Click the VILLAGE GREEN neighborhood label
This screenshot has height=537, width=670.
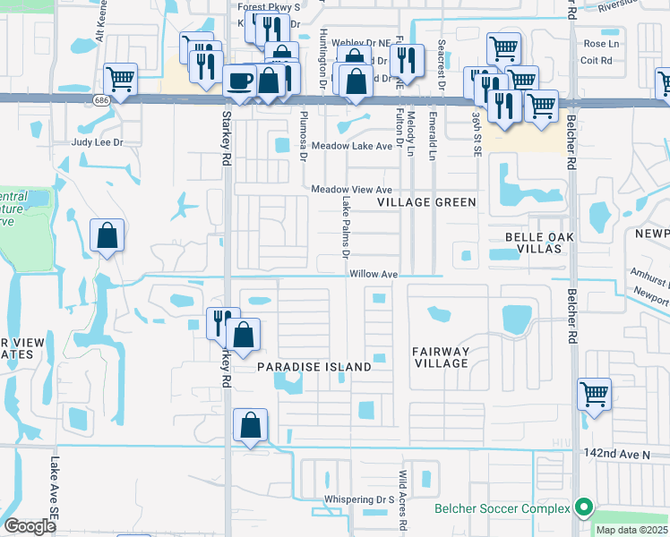click(x=425, y=202)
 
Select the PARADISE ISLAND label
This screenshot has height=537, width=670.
click(x=314, y=367)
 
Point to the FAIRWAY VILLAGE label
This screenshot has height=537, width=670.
click(x=441, y=357)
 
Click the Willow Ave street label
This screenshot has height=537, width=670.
click(x=374, y=274)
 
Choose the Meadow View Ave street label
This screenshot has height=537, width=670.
click(x=352, y=190)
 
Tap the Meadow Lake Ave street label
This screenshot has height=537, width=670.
click(x=352, y=146)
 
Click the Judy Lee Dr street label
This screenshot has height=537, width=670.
click(x=97, y=142)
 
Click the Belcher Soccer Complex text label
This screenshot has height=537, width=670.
click(x=502, y=509)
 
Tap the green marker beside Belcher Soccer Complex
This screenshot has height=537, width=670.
click(x=584, y=508)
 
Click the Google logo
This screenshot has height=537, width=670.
click(x=30, y=525)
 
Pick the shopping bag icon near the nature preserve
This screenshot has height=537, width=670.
click(x=107, y=235)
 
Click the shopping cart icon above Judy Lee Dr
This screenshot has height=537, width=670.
click(x=120, y=79)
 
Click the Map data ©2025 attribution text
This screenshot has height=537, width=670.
click(x=631, y=530)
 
